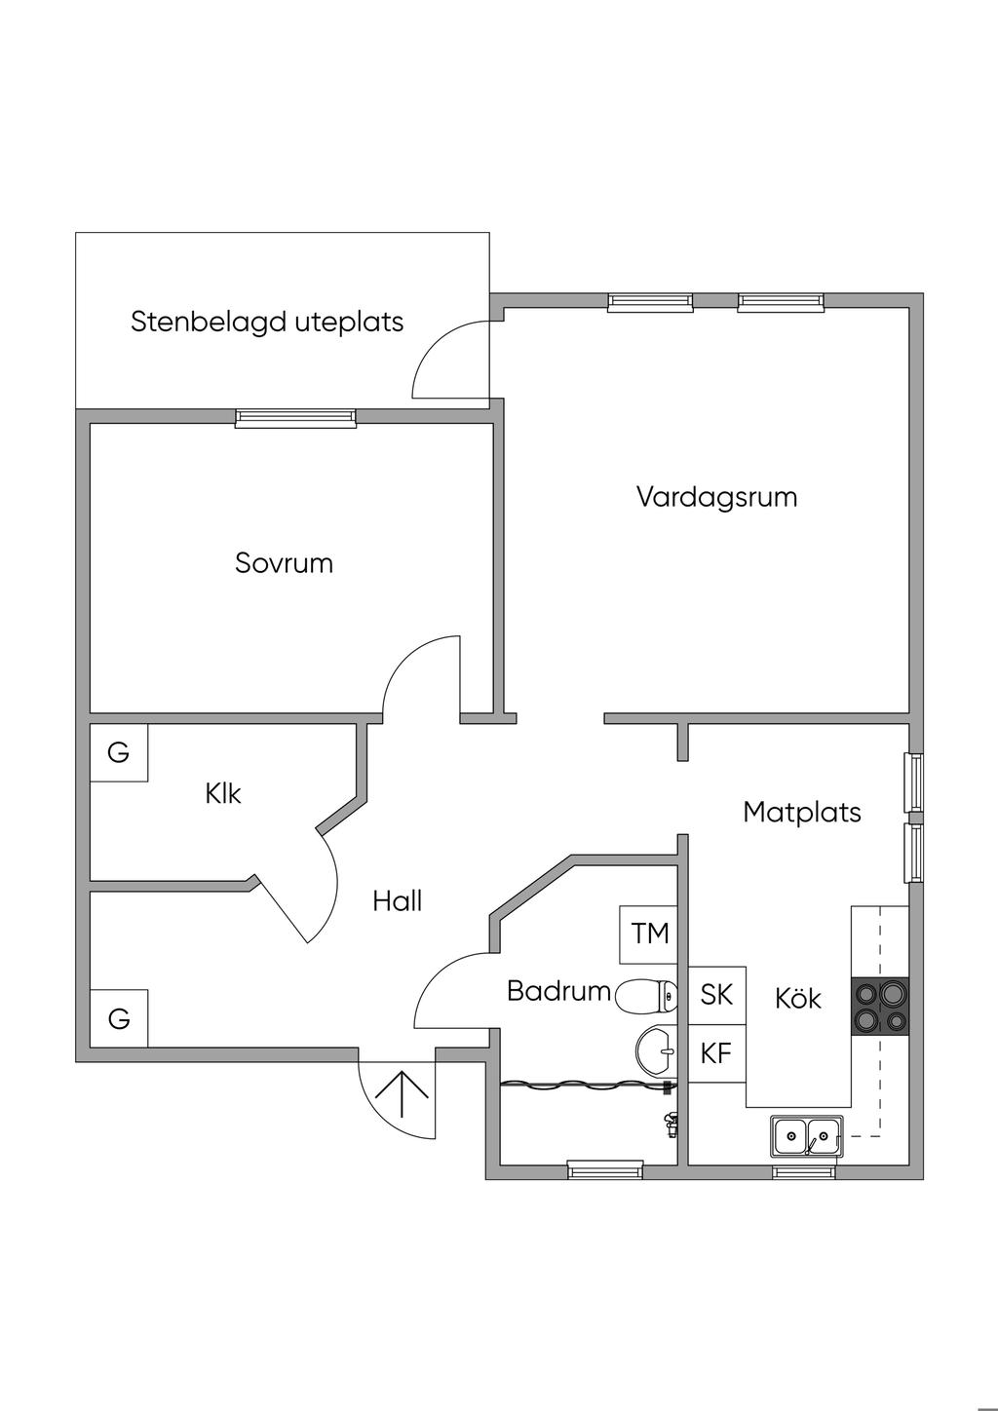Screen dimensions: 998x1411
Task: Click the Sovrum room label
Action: coord(284,563)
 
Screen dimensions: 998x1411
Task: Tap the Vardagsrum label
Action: coord(717,497)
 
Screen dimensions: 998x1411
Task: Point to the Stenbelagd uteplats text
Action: coord(267,322)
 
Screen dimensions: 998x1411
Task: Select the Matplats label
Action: coord(802,812)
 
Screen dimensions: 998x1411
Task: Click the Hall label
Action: coord(397,901)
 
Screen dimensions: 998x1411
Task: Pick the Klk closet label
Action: coord(223,793)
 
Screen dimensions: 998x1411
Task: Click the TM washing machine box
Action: coord(648,934)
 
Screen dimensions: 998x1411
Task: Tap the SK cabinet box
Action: coord(717,995)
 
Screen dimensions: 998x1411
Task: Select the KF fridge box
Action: coord(717,1053)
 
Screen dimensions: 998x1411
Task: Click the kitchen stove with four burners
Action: coord(880,1007)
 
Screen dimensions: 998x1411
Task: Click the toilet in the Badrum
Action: coord(646,997)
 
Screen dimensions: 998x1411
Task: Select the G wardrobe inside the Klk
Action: coord(119,752)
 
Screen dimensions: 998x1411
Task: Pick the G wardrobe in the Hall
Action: coord(119,1018)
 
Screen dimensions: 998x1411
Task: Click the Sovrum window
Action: coord(295,418)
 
